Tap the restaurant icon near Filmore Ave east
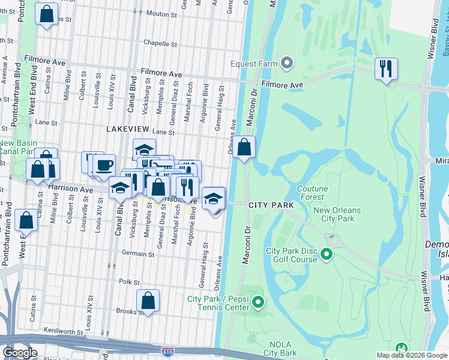(386, 68)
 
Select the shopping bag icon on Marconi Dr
(244, 148)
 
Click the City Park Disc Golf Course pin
(327, 255)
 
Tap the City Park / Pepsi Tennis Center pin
(258, 301)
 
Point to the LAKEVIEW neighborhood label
(127, 129)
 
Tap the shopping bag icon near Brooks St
(148, 301)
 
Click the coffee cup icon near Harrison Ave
(104, 166)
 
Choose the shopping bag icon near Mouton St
(47, 14)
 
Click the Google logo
(19, 353)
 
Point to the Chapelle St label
(160, 44)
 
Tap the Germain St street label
(134, 253)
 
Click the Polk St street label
(129, 281)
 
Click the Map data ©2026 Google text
(411, 355)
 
